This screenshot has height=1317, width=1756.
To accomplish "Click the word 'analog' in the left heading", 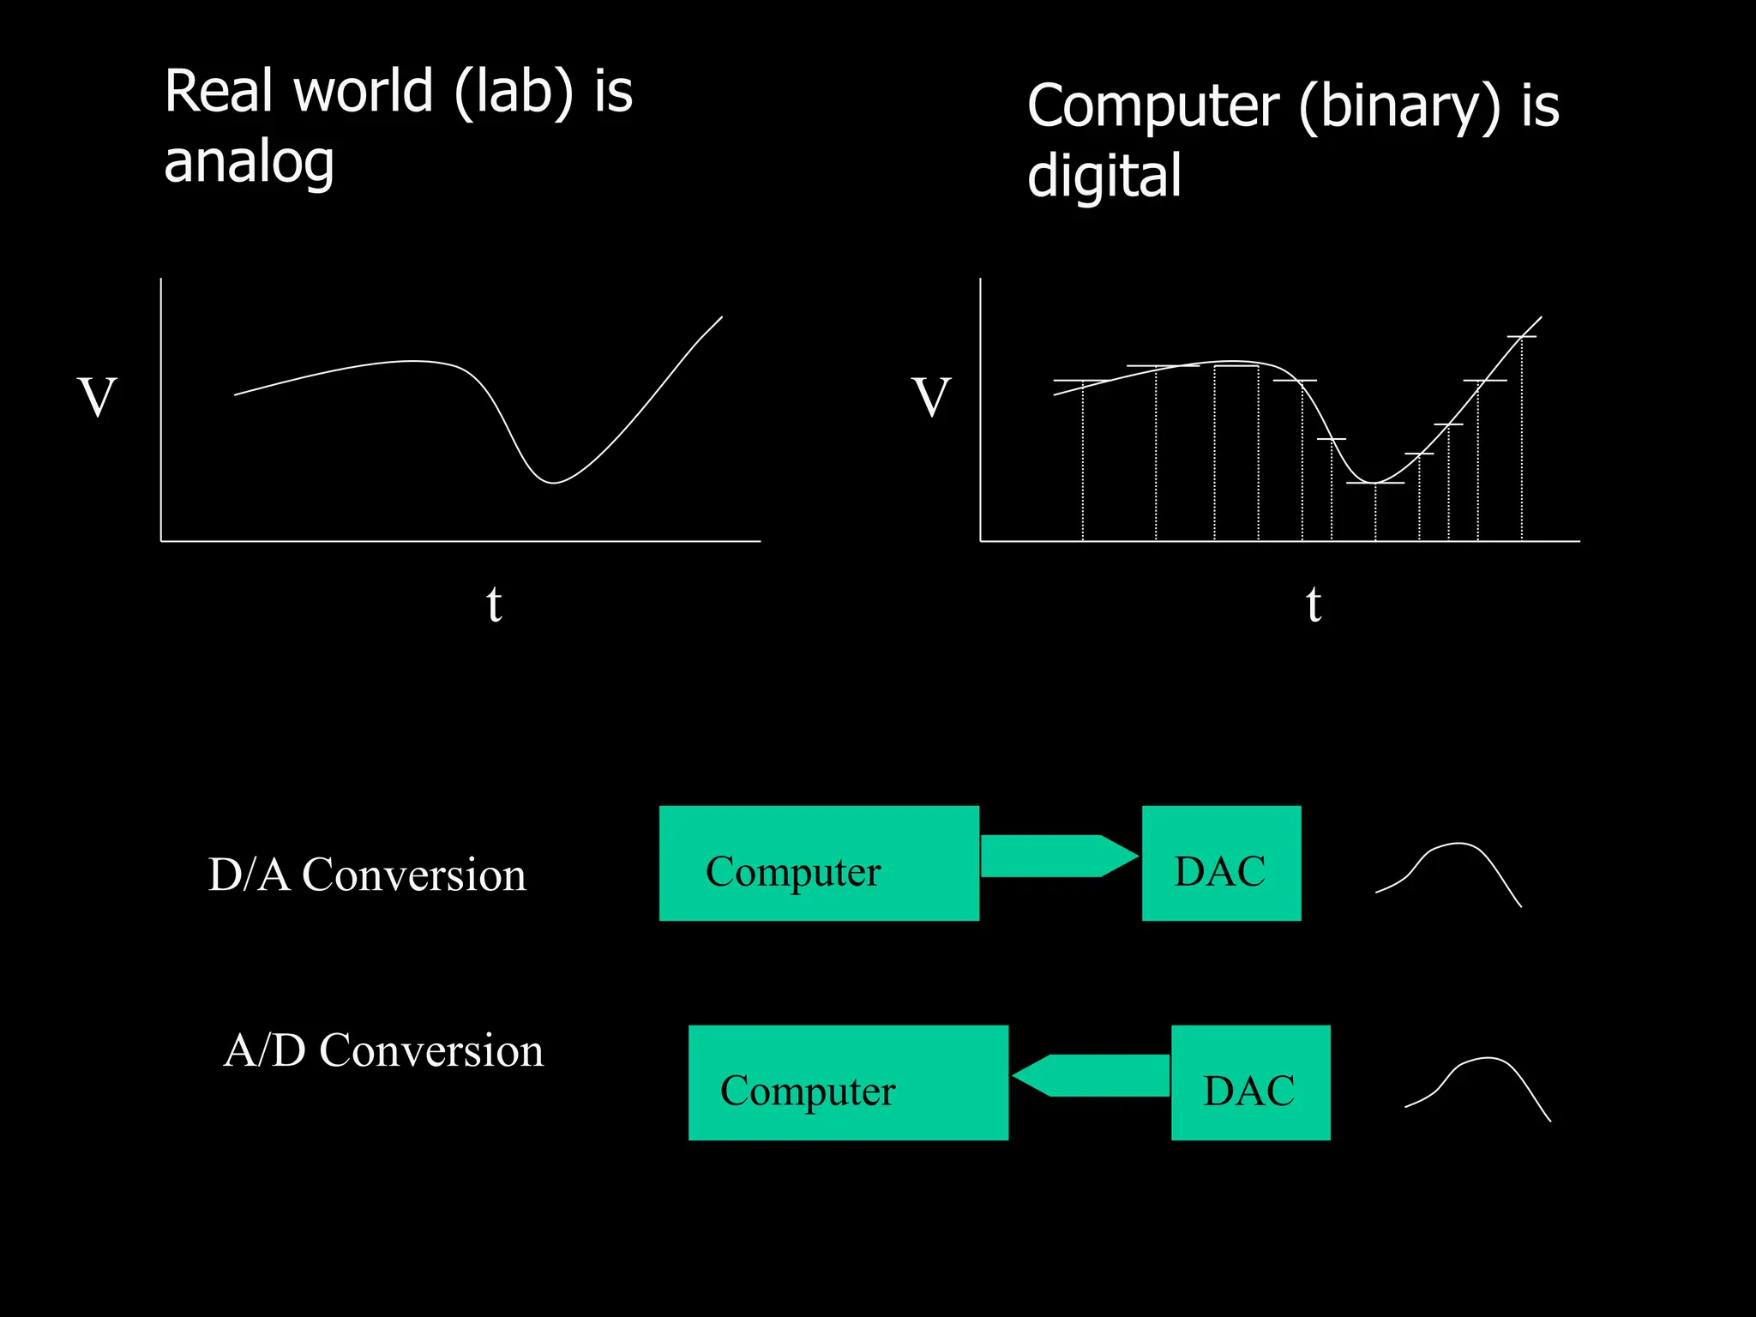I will pyautogui.click(x=249, y=163).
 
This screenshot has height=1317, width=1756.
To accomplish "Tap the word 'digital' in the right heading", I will pyautogui.click(x=1104, y=176).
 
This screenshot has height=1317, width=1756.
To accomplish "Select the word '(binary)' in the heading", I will pyautogui.click(x=1399, y=106).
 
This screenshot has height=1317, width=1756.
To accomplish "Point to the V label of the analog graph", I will pyautogui.click(x=97, y=397).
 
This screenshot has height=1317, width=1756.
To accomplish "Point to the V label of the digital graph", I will pyautogui.click(x=931, y=397).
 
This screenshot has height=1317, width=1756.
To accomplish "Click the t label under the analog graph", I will pyautogui.click(x=494, y=604).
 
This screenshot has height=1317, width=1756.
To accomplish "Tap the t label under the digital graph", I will pyautogui.click(x=1314, y=604).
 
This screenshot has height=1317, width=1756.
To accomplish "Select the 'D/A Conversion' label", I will pyautogui.click(x=367, y=875).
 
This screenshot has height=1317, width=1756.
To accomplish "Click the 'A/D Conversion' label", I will pyautogui.click(x=383, y=1050).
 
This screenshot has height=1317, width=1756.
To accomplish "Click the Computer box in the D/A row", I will pyautogui.click(x=819, y=863).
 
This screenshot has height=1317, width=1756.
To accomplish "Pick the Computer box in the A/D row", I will pyautogui.click(x=848, y=1083).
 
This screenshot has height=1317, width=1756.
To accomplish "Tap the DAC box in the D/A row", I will pyautogui.click(x=1221, y=863).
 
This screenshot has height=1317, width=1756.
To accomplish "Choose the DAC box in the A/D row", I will pyautogui.click(x=1250, y=1083).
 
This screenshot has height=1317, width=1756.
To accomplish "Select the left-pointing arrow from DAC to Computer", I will pyautogui.click(x=1091, y=1075).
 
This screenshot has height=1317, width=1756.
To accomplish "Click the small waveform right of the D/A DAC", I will pyautogui.click(x=1449, y=870).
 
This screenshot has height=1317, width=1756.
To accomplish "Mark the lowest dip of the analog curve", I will pyautogui.click(x=554, y=483).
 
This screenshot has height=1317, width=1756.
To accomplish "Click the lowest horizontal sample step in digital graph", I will pyautogui.click(x=1375, y=484).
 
